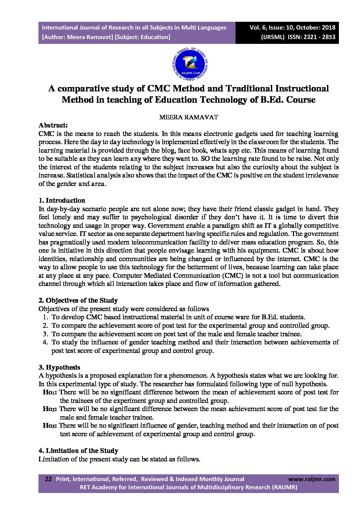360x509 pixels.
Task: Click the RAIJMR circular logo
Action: pos(190,63)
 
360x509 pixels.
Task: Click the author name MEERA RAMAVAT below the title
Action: pos(189,117)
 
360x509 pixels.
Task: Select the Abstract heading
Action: pos(53,125)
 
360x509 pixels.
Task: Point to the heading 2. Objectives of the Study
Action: pos(78,300)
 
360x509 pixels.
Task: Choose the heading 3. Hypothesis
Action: pos(59,367)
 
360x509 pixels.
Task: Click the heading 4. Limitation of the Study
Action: pos(78,451)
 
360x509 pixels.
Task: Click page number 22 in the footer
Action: pos(48,479)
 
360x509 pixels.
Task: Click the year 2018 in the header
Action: pos(328,28)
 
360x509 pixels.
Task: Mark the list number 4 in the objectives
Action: pos(45,342)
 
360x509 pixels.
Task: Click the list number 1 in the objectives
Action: pos(45,317)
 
